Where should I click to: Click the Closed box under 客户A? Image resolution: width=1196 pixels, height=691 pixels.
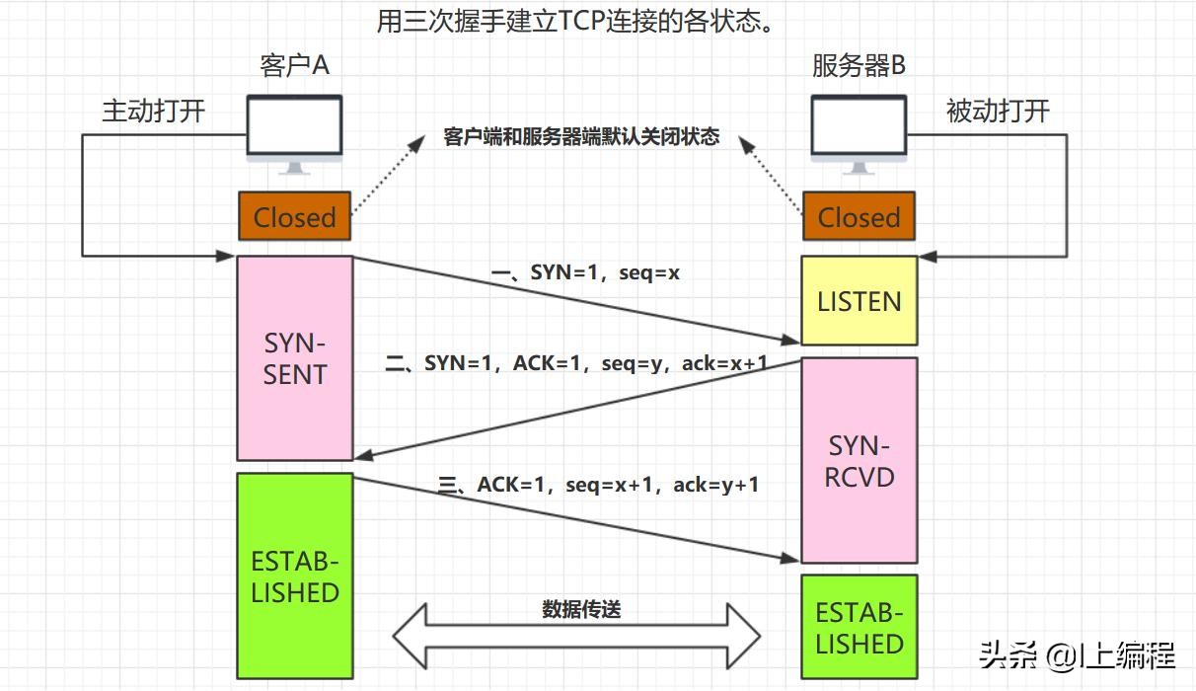[x=294, y=216]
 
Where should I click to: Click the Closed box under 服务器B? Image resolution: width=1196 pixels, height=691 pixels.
[x=859, y=216]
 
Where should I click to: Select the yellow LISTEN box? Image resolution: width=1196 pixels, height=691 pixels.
[x=859, y=301]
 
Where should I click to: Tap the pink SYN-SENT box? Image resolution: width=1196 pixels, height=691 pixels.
[x=294, y=358]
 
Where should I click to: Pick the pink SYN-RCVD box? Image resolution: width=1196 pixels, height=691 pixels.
[x=859, y=461]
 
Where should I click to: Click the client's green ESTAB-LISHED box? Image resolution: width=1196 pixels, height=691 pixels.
[x=294, y=576]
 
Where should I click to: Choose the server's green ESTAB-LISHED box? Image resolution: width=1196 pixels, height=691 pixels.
[x=859, y=628]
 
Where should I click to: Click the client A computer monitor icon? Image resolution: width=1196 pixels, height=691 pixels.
[x=294, y=131]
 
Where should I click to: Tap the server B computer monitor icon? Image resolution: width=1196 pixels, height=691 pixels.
[x=859, y=131]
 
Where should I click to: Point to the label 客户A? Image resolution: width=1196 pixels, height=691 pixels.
[x=294, y=65]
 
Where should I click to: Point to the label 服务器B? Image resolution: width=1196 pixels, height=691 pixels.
[x=859, y=65]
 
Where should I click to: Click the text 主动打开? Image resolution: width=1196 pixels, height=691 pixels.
[x=153, y=111]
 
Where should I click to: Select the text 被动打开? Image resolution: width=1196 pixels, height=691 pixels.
[x=998, y=111]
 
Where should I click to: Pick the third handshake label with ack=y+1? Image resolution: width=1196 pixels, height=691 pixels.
[x=599, y=485]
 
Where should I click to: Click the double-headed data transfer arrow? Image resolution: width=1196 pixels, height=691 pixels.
[x=577, y=636]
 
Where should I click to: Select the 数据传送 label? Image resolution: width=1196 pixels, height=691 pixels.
[x=581, y=609]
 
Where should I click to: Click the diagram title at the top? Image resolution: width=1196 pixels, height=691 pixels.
[x=574, y=21]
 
